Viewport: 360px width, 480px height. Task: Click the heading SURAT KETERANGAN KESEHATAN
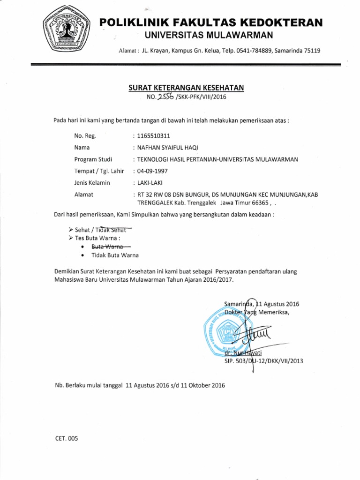tap(186, 88)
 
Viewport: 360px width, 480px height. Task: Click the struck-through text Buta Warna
tap(107, 246)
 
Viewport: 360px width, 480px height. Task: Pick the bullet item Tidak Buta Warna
tap(115, 255)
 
